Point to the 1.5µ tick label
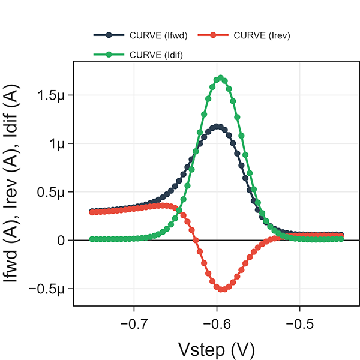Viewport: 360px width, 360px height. coord(53,95)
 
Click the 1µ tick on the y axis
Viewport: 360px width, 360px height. coord(59,143)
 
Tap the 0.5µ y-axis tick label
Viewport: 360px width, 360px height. coord(53,192)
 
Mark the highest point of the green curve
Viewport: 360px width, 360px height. coord(221,77)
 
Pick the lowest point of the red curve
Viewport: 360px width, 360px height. coord(223,289)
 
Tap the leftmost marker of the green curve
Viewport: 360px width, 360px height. coord(92,239)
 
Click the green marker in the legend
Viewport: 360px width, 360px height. coord(109,55)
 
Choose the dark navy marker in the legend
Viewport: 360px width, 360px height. coord(109,35)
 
